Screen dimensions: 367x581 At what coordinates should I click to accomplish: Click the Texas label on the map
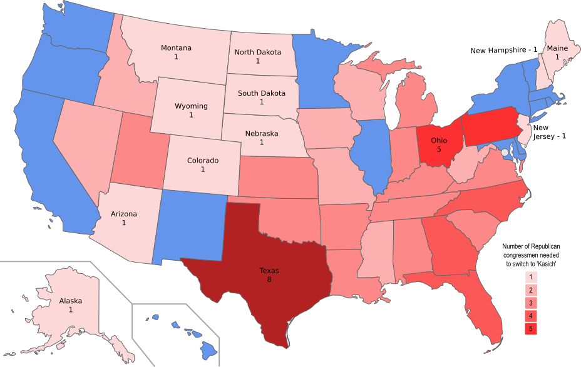[269, 271]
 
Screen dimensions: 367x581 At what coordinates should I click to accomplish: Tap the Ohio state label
[439, 141]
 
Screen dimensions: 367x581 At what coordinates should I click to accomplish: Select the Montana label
[176, 48]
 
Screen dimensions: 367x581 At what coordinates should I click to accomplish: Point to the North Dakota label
[257, 52]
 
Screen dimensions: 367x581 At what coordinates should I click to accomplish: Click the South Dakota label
[261, 93]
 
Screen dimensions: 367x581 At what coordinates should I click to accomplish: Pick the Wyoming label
[191, 106]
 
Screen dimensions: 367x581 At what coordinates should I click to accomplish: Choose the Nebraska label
[262, 134]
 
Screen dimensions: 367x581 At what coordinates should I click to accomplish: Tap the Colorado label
[203, 161]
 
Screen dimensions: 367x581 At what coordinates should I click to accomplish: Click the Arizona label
[124, 214]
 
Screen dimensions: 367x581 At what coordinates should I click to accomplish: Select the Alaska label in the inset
[70, 301]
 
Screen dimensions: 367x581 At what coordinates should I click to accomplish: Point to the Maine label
[557, 48]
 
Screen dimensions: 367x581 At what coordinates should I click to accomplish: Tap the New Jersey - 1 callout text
[548, 131]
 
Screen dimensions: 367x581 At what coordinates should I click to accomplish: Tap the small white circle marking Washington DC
[505, 152]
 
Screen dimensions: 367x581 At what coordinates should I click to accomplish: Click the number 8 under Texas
[269, 279]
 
